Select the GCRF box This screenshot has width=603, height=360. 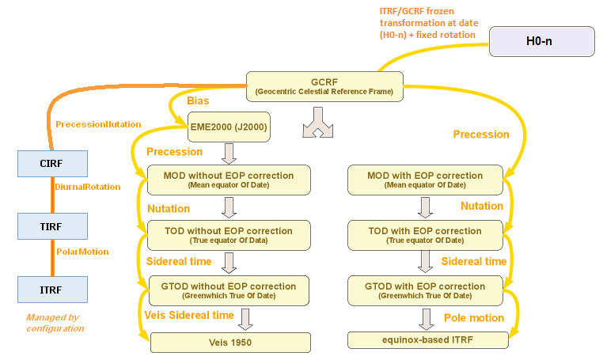tap(325, 86)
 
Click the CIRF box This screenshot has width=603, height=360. tap(51, 163)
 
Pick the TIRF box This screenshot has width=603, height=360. tap(51, 225)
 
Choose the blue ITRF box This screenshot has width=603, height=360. tap(51, 289)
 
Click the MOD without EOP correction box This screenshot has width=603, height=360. tap(228, 180)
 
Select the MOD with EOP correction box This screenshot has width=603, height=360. tap(425, 180)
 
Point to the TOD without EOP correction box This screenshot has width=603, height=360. tap(228, 235)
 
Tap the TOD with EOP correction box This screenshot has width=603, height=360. tap(425, 235)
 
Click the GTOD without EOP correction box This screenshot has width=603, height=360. tap(228, 290)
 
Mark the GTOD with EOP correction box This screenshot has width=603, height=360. tap(425, 290)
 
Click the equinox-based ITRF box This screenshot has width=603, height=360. tap(425, 340)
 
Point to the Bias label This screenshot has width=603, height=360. tap(199, 102)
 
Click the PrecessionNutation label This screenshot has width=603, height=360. tap(98, 124)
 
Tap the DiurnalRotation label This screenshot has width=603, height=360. tap(87, 188)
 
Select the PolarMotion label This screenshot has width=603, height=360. tap(82, 252)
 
